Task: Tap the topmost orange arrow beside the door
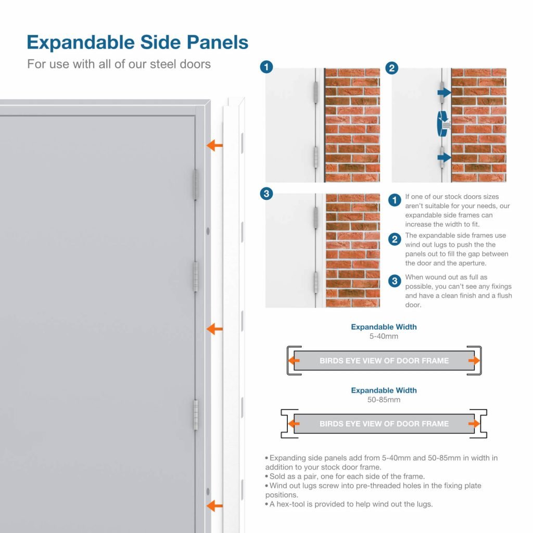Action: (214, 145)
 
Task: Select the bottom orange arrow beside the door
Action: (214, 505)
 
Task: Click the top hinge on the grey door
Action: (196, 184)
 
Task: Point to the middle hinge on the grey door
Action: (196, 276)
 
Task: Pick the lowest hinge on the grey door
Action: (196, 415)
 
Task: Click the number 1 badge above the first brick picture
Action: (266, 68)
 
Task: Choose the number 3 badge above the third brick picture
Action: (266, 194)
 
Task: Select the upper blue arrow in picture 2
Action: (443, 92)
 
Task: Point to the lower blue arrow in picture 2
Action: (443, 155)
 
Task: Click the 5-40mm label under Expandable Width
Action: (384, 336)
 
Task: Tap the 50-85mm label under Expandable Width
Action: (384, 400)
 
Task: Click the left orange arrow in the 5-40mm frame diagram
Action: (295, 360)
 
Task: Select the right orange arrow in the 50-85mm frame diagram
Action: (474, 424)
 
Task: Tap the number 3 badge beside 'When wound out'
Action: (396, 281)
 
